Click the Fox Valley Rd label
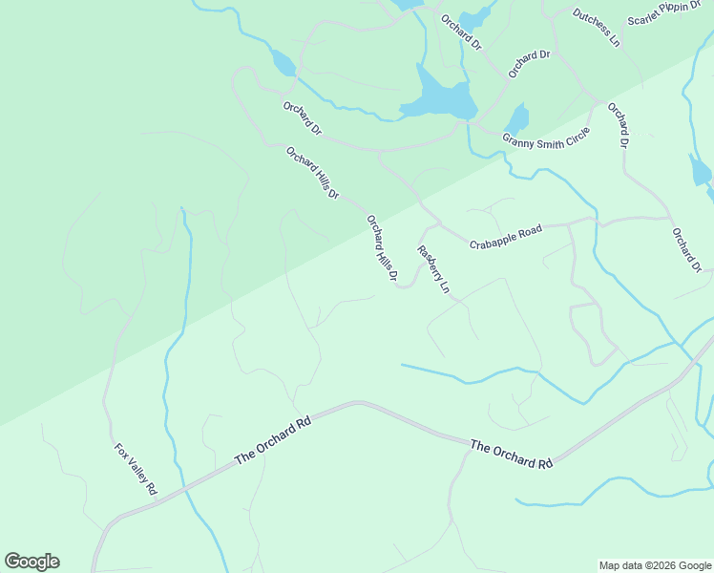coord(136,468)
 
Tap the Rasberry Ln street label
coord(432,269)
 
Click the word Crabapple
coord(493,240)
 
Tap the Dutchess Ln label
coord(596,28)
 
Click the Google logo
coord(31,562)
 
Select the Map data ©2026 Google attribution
coord(654,565)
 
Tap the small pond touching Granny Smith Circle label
coord(516,118)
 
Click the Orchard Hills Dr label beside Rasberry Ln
coord(382,250)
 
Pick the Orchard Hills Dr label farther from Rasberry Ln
coord(313,172)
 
